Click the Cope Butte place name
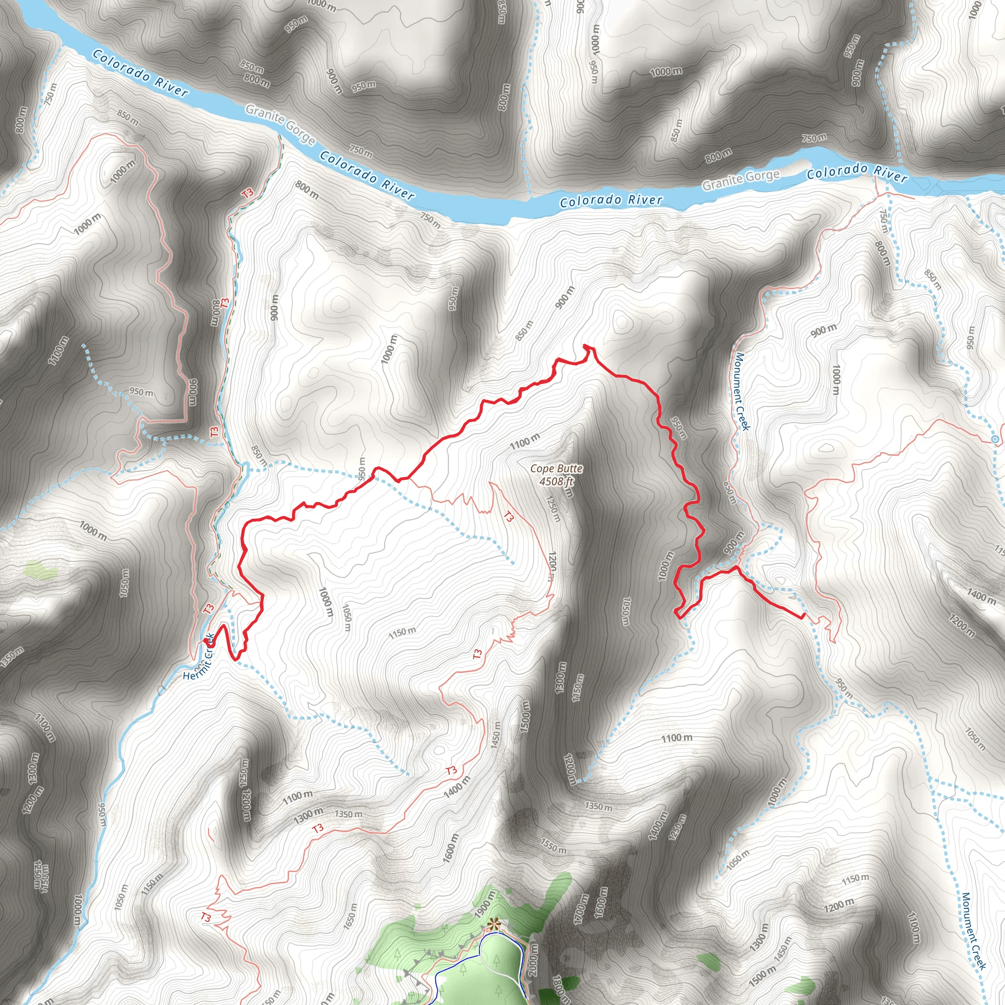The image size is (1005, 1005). pyautogui.click(x=556, y=469)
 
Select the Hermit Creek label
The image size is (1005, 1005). pyautogui.click(x=199, y=657)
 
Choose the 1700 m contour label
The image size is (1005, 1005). pyautogui.click(x=581, y=909)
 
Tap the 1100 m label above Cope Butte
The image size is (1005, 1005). pyautogui.click(x=525, y=441)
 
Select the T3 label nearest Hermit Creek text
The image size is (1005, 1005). pyautogui.click(x=209, y=608)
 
